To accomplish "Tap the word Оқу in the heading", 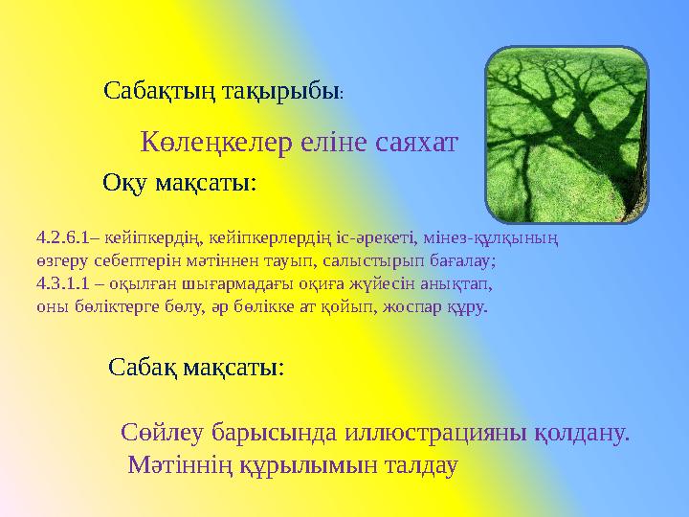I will [x=123, y=182].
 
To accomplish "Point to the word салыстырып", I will [x=372, y=259].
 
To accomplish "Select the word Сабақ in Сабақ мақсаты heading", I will [x=142, y=367].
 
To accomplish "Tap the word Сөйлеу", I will [x=157, y=432].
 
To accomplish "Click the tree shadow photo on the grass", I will [x=567, y=135].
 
